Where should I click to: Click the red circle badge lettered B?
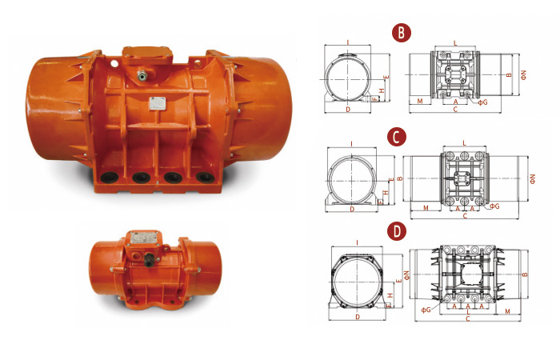pyautogui.click(x=402, y=33)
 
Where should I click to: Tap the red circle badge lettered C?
pyautogui.click(x=397, y=137)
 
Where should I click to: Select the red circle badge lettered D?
pyautogui.click(x=397, y=231)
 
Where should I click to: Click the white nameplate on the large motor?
pyautogui.click(x=157, y=103)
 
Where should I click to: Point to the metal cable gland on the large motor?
pyautogui.click(x=142, y=75)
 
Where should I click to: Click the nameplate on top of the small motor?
pyautogui.click(x=143, y=238)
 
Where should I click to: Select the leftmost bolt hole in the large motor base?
pyautogui.click(x=110, y=177)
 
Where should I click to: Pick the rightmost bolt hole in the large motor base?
pyautogui.click(x=206, y=177)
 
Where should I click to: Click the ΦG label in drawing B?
pyautogui.click(x=483, y=102)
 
